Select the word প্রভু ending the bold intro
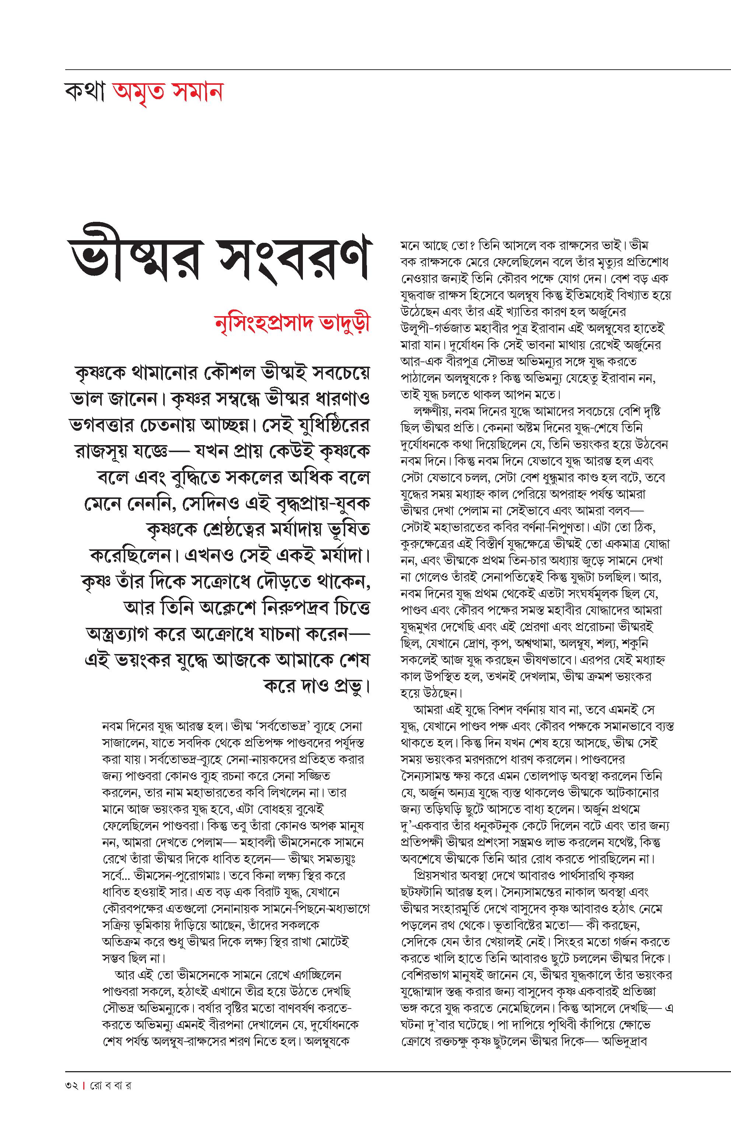click(x=349, y=687)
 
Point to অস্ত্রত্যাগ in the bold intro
click(x=122, y=634)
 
